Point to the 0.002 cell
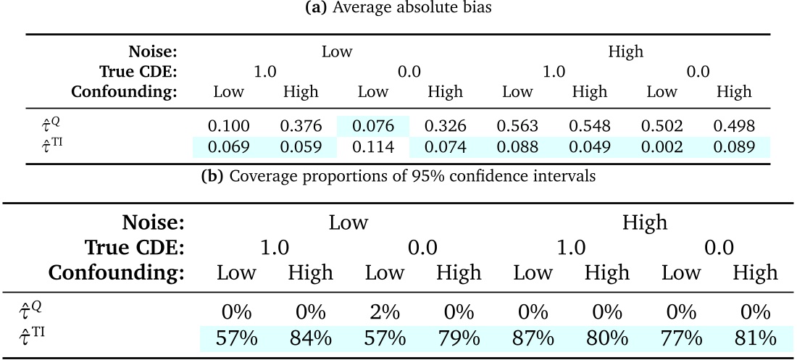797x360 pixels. pos(662,148)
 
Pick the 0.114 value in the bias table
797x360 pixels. pos(372,148)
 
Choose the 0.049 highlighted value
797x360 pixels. pos(590,148)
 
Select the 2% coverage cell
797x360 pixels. pos(385,312)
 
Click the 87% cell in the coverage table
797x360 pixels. pos(533,338)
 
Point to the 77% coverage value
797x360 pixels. pos(680,338)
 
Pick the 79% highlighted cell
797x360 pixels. pos(459,338)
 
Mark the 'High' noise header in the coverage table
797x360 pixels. pos(644,222)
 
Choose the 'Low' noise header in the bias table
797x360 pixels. pos(337,51)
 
